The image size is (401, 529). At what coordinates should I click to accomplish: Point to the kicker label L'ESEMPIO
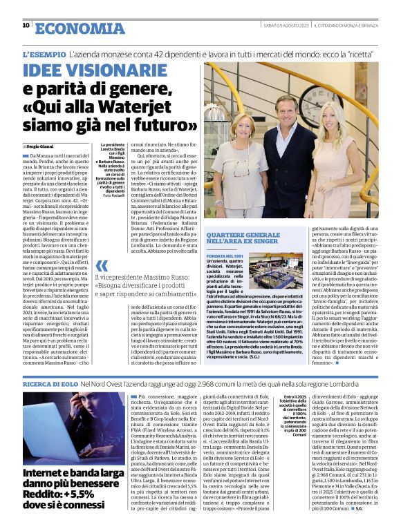(x=44, y=53)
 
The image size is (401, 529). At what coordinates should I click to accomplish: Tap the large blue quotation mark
(x=102, y=265)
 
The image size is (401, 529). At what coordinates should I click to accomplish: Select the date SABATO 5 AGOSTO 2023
(x=284, y=26)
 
